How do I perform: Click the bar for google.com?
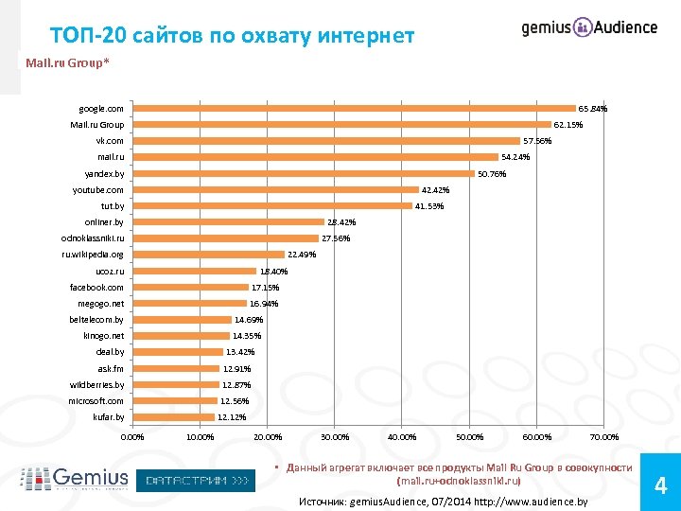(355, 108)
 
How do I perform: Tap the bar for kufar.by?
(174, 416)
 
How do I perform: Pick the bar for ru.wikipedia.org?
(209, 254)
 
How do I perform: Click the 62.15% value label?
(568, 124)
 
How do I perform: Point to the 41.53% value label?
(429, 206)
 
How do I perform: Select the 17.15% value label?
(265, 287)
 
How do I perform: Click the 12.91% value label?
(236, 368)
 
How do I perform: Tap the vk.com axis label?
(110, 140)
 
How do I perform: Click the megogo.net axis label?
(100, 304)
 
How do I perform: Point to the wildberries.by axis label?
(96, 385)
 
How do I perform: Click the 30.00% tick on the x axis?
(335, 437)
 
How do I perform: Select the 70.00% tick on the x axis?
(603, 437)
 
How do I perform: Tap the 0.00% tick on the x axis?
(133, 437)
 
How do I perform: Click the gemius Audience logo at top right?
(589, 27)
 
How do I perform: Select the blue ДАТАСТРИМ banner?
(197, 481)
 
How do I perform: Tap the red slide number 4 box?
(660, 486)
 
